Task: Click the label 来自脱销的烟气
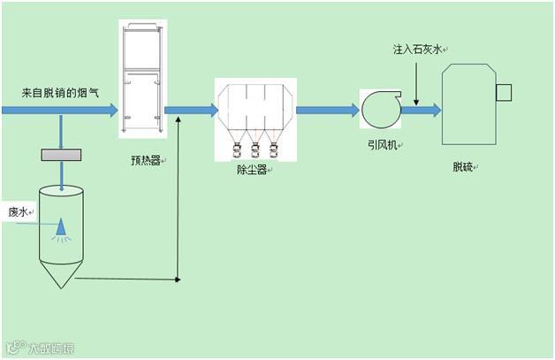pyautogui.click(x=60, y=92)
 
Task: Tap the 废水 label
pyautogui.click(x=18, y=212)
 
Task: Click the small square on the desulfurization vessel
pyautogui.click(x=506, y=91)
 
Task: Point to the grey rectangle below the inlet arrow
pyautogui.click(x=60, y=155)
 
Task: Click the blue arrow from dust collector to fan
pyautogui.click(x=327, y=110)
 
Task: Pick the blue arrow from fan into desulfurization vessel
pyautogui.click(x=422, y=110)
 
